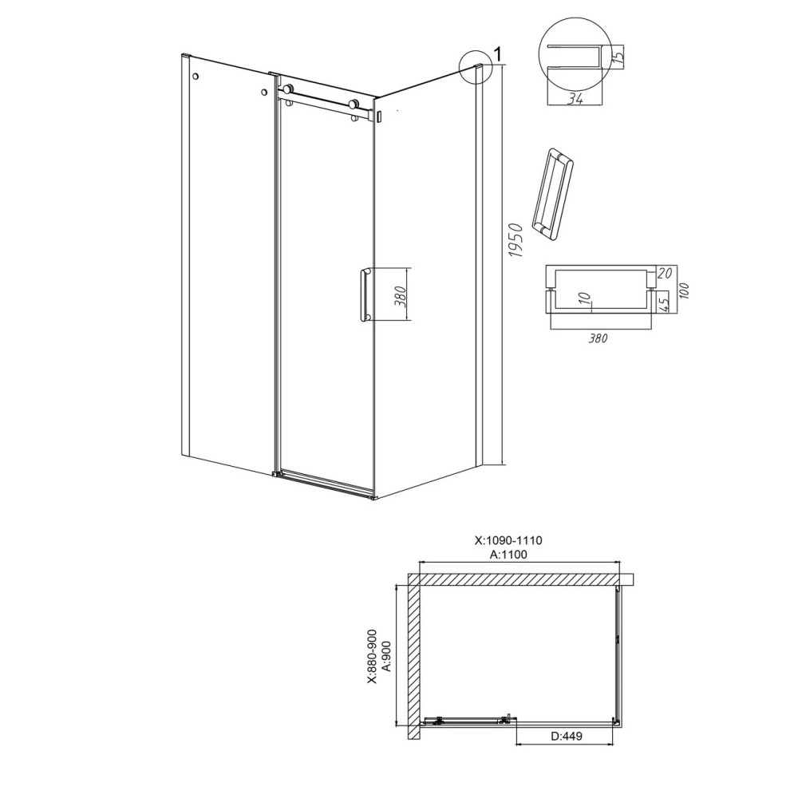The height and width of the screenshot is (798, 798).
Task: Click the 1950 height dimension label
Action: click(x=516, y=239)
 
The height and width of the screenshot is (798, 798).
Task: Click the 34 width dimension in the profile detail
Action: click(x=575, y=99)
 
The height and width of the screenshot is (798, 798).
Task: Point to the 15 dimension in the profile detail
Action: click(x=617, y=54)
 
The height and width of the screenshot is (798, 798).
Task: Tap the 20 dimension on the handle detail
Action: click(x=665, y=273)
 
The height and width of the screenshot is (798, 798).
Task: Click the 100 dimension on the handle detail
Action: click(x=685, y=290)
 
